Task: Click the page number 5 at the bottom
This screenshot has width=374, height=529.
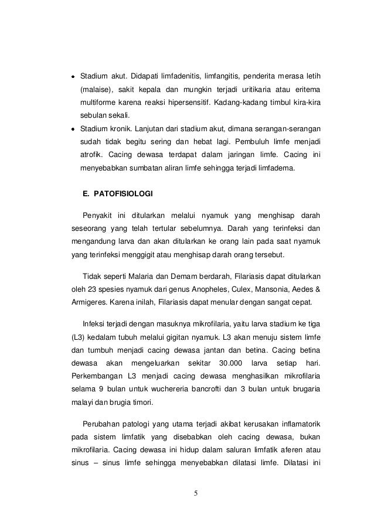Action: coord(196,492)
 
